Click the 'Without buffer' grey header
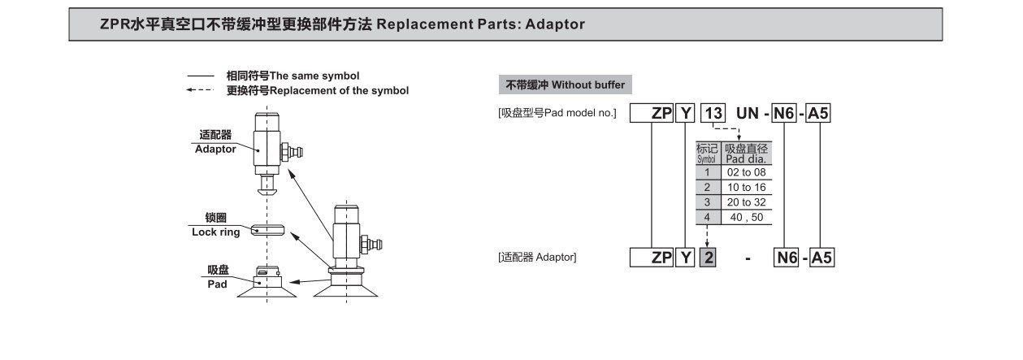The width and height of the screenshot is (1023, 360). [566, 85]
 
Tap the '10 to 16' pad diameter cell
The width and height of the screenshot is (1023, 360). [746, 187]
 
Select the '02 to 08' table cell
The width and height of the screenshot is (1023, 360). [746, 172]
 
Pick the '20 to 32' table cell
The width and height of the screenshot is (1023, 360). [746, 202]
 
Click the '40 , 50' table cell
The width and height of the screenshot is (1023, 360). [746, 217]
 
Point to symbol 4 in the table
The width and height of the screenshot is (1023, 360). [707, 217]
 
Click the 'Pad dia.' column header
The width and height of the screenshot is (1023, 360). [746, 154]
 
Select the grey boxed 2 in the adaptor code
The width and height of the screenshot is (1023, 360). [707, 258]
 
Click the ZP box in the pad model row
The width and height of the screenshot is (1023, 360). [661, 114]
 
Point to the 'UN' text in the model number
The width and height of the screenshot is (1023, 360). [747, 114]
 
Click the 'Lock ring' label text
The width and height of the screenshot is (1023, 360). [215, 232]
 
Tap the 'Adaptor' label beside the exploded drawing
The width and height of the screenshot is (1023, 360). [215, 149]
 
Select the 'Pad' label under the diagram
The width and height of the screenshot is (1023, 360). [217, 284]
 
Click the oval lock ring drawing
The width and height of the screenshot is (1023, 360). [268, 229]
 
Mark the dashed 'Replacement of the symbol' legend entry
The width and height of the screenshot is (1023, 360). [317, 90]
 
